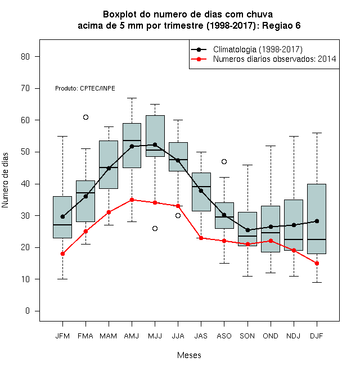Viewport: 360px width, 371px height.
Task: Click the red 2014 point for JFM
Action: coord(62,254)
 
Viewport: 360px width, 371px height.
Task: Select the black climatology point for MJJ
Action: coord(155,144)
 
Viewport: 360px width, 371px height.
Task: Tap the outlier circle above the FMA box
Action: coord(85,117)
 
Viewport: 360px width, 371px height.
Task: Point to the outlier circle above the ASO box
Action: coord(224,161)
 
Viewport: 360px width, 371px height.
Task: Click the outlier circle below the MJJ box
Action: coord(155,228)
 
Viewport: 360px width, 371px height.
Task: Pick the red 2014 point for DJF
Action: coord(317,263)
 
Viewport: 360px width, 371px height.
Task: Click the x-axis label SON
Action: coord(247,336)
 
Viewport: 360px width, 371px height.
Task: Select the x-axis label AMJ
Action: coord(132,336)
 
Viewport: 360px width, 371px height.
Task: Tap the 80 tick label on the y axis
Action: coord(25,57)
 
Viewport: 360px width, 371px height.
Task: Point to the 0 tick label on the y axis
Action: coord(28,311)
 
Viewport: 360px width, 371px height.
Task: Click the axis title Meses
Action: coord(189,355)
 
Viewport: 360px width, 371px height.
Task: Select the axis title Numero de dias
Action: coord(5,180)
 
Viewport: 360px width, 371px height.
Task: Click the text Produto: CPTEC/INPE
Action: coord(85,88)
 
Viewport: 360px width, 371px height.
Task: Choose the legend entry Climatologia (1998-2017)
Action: coord(247,49)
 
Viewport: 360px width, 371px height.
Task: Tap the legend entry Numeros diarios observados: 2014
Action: coord(264,59)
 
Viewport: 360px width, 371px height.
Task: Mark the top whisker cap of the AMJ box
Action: coord(132,98)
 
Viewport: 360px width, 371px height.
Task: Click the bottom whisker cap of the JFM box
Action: coord(62,279)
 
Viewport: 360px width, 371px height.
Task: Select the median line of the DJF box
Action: coord(317,239)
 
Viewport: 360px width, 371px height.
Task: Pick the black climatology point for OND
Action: coord(271,227)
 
